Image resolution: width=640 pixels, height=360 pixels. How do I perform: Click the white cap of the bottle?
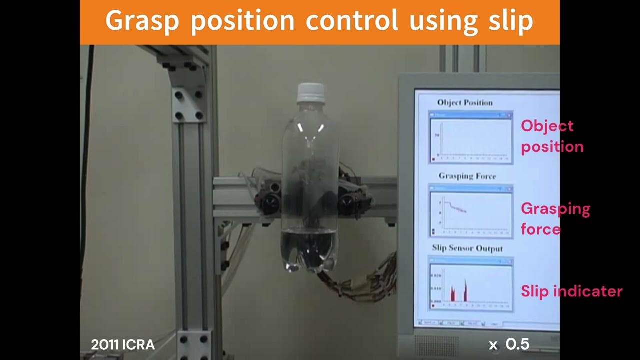pyautogui.click(x=310, y=93)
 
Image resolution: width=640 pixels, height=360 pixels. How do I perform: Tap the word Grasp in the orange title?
pyautogui.click(x=144, y=21)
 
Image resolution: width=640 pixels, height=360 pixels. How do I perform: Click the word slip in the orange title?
pyautogui.click(x=509, y=21)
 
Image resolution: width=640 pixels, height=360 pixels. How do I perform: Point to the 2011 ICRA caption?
pyautogui.click(x=123, y=345)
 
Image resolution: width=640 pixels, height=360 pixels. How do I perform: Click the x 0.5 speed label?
pyautogui.click(x=509, y=344)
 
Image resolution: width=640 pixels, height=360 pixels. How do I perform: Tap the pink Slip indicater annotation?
pyautogui.click(x=571, y=291)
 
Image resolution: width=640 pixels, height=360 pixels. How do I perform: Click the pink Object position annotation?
pyautogui.click(x=552, y=136)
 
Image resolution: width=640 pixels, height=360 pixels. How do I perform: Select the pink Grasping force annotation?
pyautogui.click(x=555, y=218)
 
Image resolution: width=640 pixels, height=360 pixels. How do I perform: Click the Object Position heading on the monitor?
pyautogui.click(x=465, y=103)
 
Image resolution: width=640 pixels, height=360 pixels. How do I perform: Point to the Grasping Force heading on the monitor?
pyautogui.click(x=467, y=176)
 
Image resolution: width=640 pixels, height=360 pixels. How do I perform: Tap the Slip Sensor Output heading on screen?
pyautogui.click(x=467, y=248)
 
